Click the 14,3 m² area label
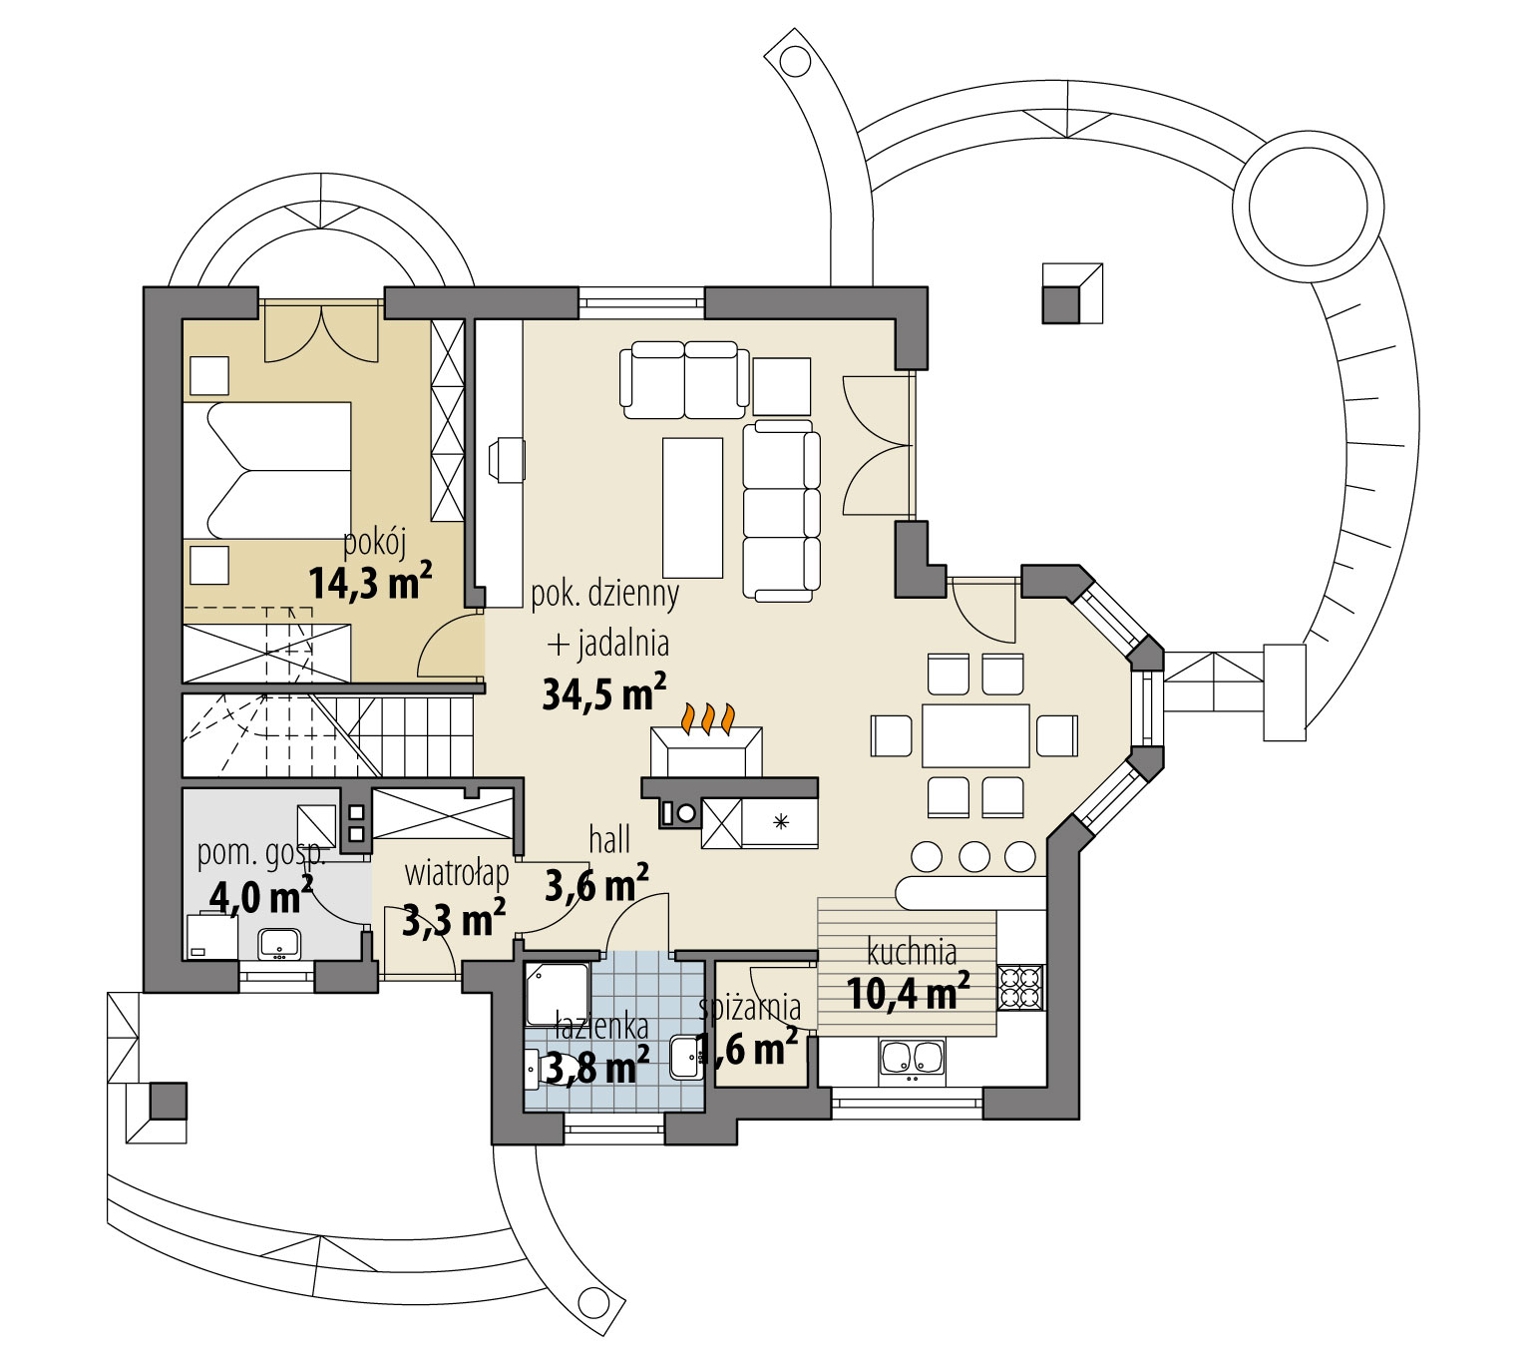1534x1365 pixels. [370, 582]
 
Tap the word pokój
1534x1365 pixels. [375, 542]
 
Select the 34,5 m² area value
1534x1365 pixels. [604, 692]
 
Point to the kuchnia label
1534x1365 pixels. [912, 952]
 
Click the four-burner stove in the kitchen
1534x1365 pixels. [1021, 988]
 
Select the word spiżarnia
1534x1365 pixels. [750, 1008]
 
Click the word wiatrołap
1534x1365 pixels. [457, 873]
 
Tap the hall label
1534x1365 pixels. [609, 840]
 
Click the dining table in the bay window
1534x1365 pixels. [975, 735]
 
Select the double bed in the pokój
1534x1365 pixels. [266, 470]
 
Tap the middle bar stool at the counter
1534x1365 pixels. [974, 857]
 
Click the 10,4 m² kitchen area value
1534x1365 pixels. [908, 993]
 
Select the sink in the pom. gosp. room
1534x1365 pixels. [279, 944]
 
